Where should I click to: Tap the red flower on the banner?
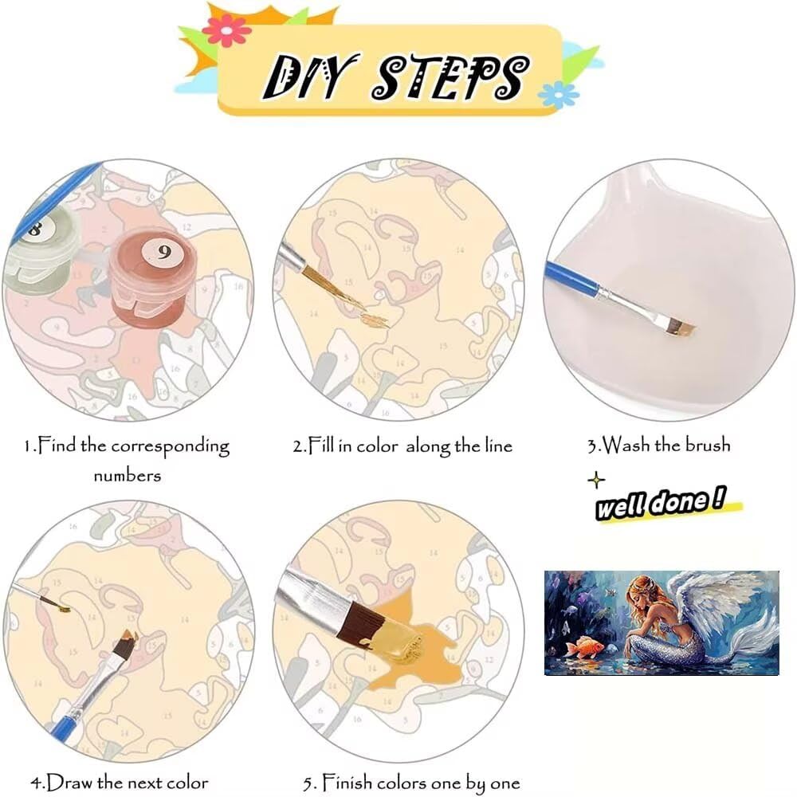pyautogui.click(x=226, y=31)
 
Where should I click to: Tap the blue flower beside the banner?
pyautogui.click(x=558, y=95)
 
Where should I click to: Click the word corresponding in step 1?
pyautogui.click(x=171, y=447)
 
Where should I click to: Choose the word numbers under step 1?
pyautogui.click(x=127, y=476)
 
